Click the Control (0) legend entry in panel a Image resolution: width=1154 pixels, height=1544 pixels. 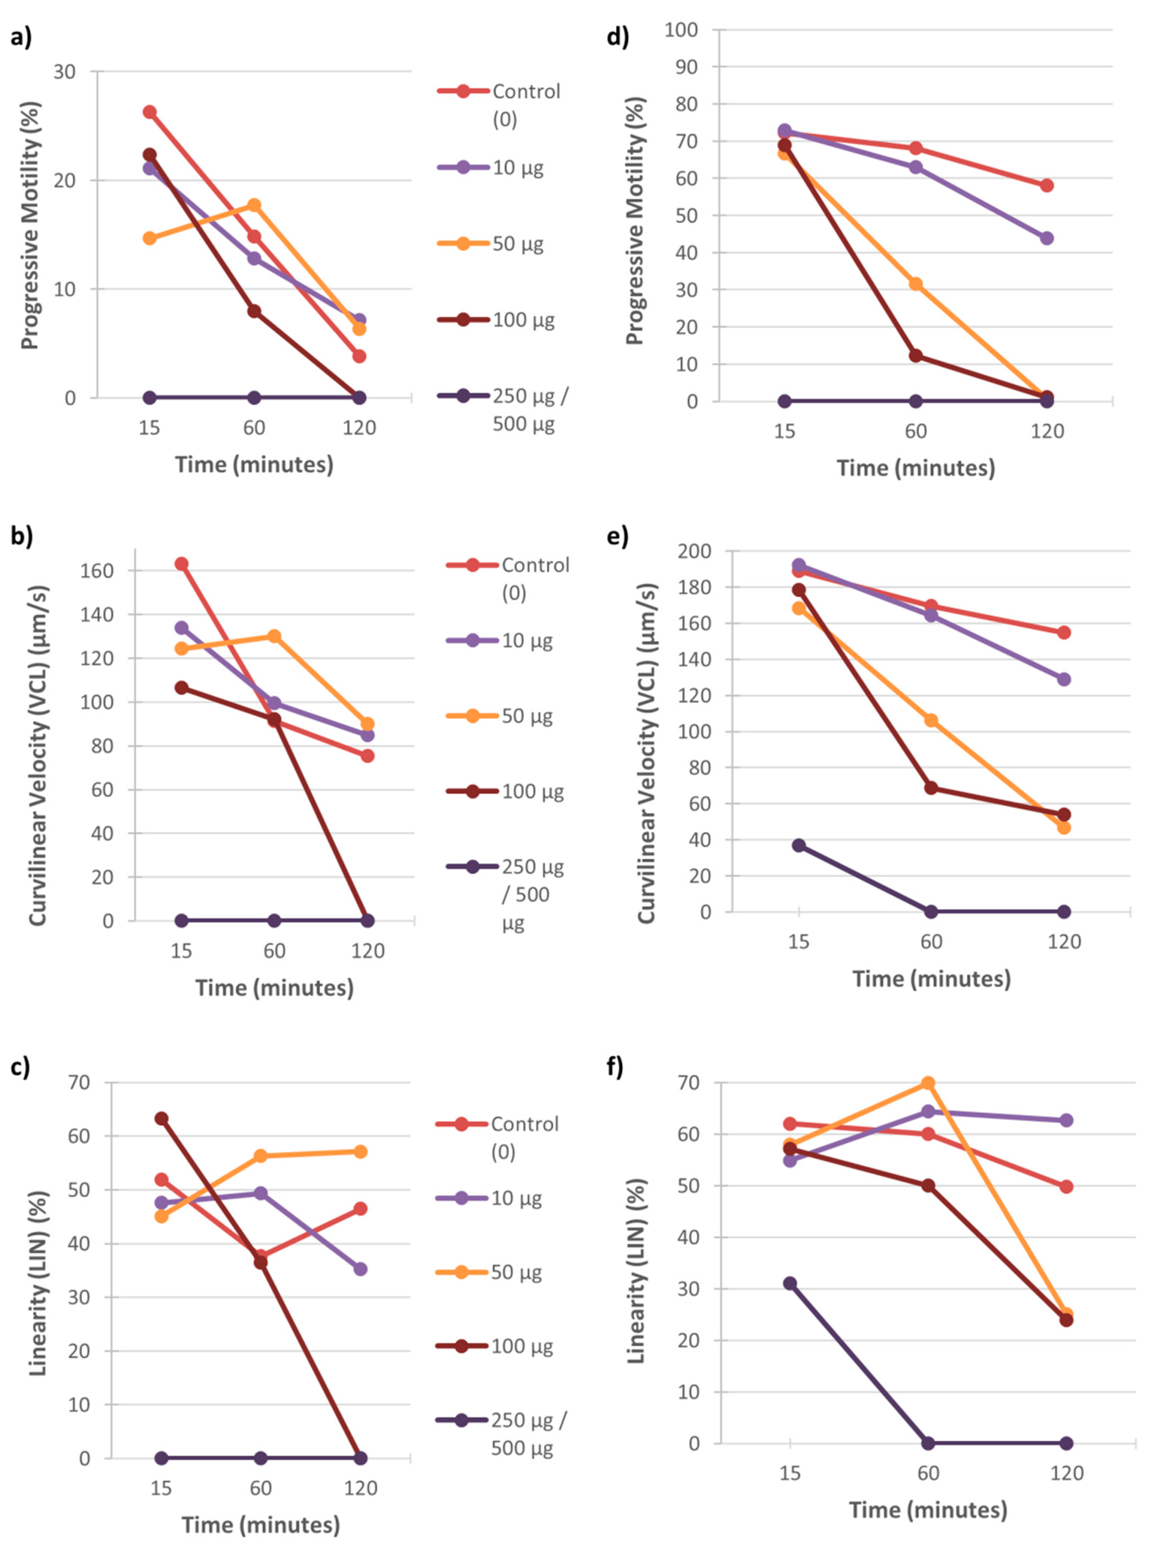[x=499, y=105]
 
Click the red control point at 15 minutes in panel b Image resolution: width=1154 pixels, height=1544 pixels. [x=181, y=563]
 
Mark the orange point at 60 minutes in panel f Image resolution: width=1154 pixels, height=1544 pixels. [x=928, y=1083]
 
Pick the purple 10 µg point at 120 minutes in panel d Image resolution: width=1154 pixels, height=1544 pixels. [x=1047, y=238]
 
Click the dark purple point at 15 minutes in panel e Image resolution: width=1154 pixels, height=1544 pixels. [x=799, y=845]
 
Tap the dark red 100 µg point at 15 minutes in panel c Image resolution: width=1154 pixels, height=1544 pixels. [x=161, y=1118]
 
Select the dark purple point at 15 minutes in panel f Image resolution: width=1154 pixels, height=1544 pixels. [x=790, y=1283]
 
